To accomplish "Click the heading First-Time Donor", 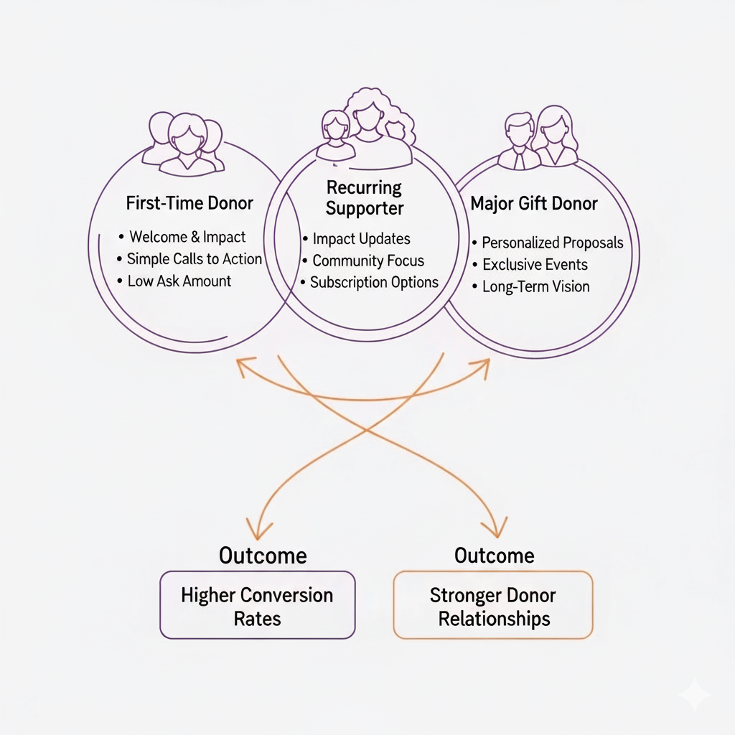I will point(189,203).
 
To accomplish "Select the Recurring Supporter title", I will point(365,198).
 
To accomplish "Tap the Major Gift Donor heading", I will point(534,204).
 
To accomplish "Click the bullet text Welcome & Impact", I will point(187,237).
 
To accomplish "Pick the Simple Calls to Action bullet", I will point(195,259).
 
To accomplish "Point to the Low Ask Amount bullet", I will point(179,281).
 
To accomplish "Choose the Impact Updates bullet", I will point(362,239).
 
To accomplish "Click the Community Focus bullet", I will point(368,261).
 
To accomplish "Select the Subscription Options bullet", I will point(374,282).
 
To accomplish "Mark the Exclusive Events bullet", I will point(535,265).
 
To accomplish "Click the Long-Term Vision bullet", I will point(535,286).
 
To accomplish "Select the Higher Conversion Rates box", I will point(257,605).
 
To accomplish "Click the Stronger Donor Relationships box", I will point(493,605).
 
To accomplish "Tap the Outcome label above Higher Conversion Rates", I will point(263,556).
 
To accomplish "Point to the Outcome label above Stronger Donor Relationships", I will point(494,556).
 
